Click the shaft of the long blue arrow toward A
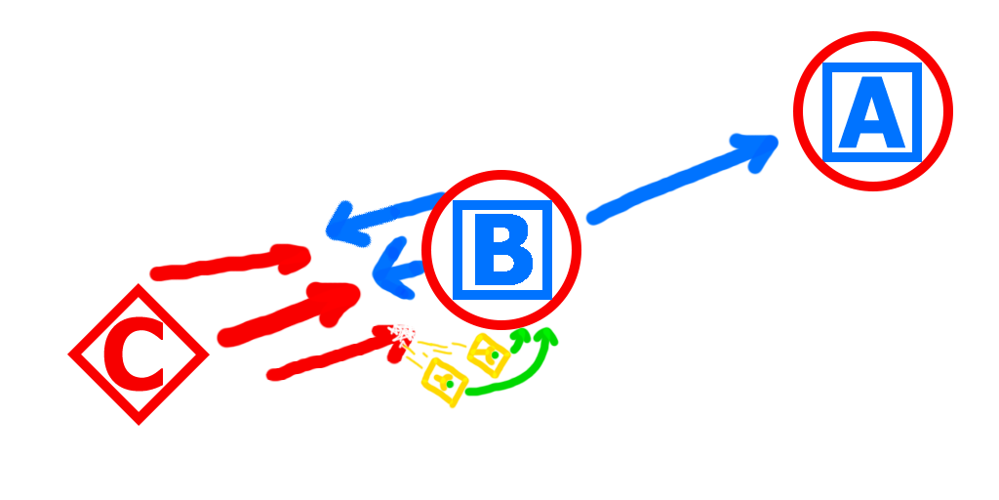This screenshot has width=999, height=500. click(x=663, y=188)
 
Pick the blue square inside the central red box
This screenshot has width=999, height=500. click(x=501, y=250)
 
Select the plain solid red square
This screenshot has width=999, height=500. click(x=138, y=354)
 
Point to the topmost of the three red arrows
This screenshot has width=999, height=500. click(x=234, y=263)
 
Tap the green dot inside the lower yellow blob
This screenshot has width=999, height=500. click(x=452, y=385)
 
